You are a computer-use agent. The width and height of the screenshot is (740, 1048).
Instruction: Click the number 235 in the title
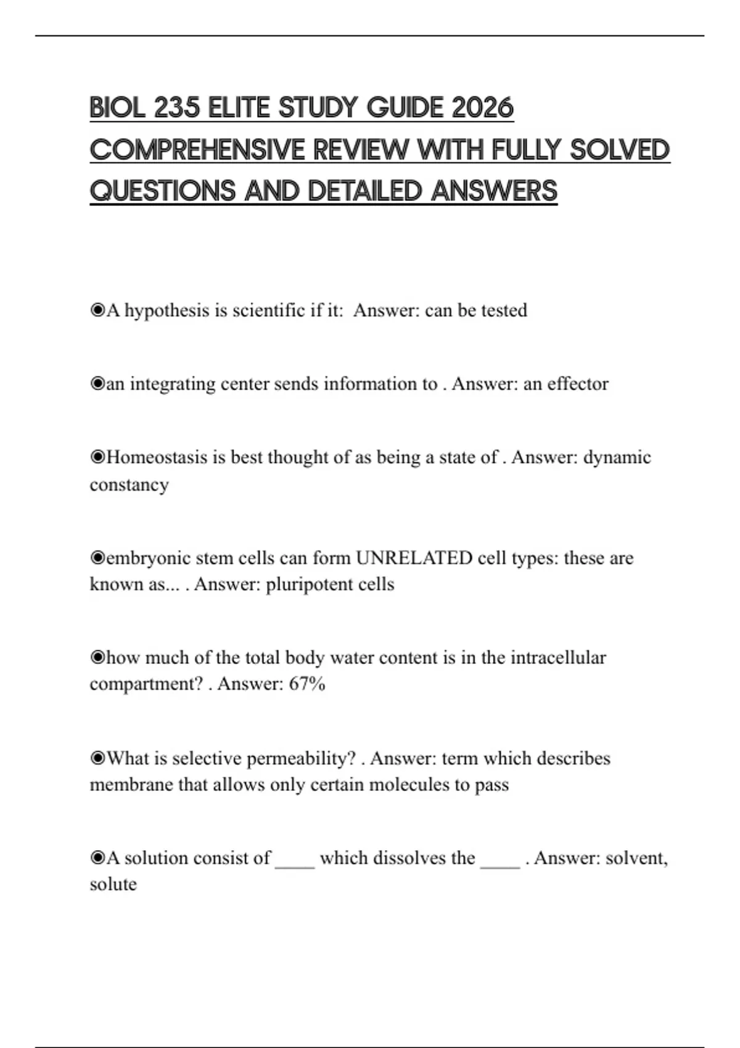click(177, 108)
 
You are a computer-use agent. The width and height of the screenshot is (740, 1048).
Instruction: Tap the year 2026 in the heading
click(482, 108)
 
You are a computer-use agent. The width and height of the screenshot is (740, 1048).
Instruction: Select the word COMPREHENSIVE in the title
click(197, 150)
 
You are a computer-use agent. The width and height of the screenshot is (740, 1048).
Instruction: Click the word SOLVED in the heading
click(619, 150)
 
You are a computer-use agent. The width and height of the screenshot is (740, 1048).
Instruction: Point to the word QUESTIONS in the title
click(162, 191)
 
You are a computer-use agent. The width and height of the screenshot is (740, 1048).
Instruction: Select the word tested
click(504, 310)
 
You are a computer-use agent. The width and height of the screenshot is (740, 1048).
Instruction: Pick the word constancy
click(129, 485)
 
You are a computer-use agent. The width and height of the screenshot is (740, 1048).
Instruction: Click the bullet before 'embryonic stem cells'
click(97, 558)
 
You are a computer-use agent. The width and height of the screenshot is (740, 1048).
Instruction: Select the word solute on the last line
click(113, 885)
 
